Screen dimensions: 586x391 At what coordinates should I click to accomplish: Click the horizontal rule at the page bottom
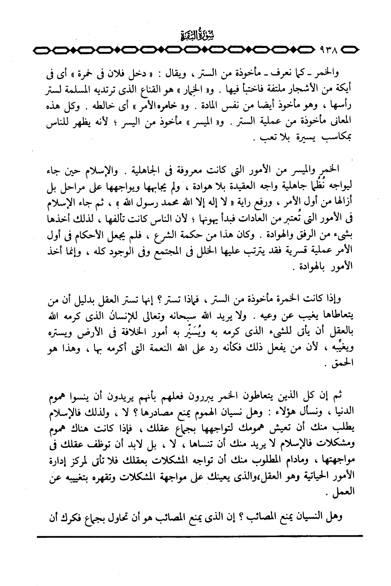tap(200, 537)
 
